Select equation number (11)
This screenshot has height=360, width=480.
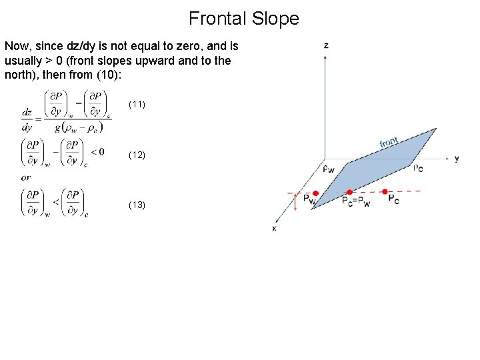coord(137,105)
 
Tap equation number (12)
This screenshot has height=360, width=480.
coord(137,155)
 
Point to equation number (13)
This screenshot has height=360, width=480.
coord(137,205)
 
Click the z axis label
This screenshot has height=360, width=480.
coord(326,45)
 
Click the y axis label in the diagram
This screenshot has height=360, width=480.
coord(457,159)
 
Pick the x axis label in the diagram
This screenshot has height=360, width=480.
coord(274,228)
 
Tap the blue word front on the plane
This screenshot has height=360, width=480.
coord(389,142)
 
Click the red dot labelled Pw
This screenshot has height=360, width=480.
coord(315,193)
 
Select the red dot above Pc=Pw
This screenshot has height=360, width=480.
coord(349,193)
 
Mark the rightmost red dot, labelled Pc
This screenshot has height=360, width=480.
coord(385,192)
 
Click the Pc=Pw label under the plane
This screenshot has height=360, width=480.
coord(355,201)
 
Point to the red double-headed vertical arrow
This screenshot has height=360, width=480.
coord(295,203)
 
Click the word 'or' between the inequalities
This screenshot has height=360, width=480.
coord(25,177)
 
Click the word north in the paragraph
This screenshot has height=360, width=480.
coord(19,75)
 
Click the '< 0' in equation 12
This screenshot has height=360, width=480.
coord(97,152)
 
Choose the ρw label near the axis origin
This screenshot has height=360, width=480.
coord(329,169)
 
